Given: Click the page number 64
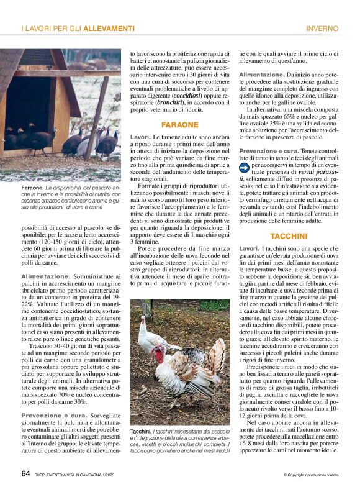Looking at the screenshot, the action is [25, 473].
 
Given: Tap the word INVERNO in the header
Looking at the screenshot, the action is [322, 29].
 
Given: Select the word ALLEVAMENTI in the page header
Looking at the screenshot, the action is [109, 29].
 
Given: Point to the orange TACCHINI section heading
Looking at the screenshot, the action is [289, 236].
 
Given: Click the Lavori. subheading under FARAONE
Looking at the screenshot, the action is [140, 136].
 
